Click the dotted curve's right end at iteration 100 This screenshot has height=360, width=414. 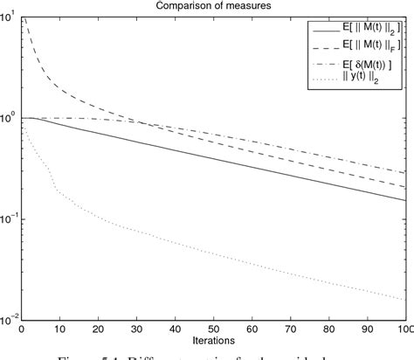(x=406, y=300)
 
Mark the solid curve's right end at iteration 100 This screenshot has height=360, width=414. (x=406, y=200)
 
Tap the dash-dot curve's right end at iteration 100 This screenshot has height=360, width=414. (x=406, y=173)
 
